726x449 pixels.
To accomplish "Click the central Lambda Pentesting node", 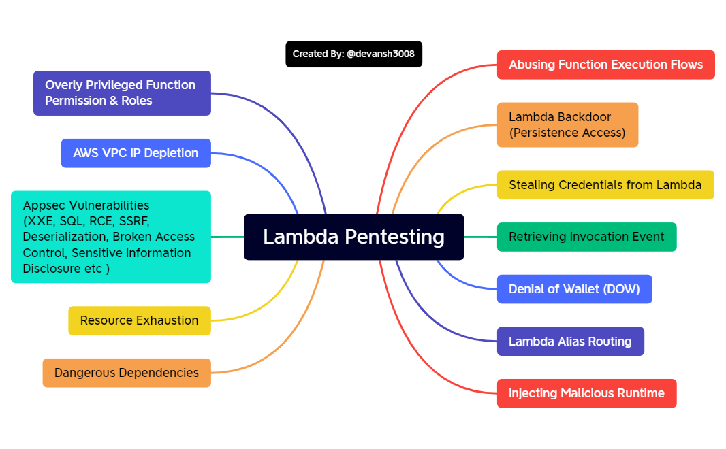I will pos(353,237).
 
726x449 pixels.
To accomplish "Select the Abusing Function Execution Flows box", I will pos(605,65).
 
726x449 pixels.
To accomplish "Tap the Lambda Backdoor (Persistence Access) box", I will pos(567,124).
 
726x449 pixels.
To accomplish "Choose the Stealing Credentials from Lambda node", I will pos(605,185).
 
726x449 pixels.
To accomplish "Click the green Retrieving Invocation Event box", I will pos(586,237).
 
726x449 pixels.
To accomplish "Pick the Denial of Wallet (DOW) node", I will pos(574,289).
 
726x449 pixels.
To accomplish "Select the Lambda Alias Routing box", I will pos(570,342).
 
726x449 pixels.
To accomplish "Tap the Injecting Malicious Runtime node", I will pos(586,393).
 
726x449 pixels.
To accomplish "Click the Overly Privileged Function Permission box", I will pos(122,93).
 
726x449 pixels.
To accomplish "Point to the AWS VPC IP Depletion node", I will pos(136,153).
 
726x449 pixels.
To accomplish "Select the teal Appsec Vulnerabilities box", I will pos(111,237).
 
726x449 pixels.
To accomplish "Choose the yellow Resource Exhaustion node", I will pos(139,320).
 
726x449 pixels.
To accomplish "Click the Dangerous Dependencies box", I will pos(127,373).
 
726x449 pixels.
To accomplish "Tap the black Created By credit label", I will pos(353,54).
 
